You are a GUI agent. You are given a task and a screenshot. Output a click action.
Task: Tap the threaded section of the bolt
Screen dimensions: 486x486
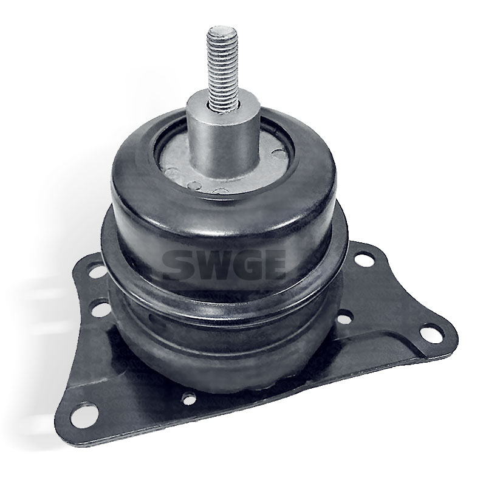(222, 64)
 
